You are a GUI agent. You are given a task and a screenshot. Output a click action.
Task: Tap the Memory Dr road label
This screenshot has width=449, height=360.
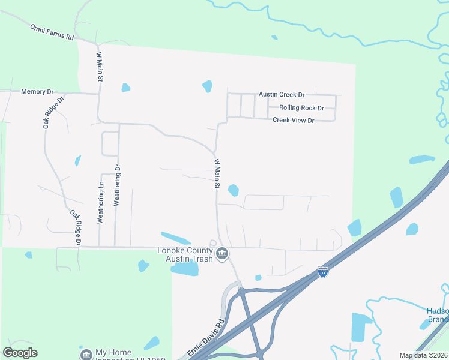[37, 92]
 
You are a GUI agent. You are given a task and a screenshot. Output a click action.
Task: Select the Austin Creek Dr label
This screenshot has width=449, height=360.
[282, 95]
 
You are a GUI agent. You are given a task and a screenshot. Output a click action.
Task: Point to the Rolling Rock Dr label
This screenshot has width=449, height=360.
[301, 108]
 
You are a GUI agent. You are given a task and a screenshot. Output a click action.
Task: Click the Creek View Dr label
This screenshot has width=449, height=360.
[294, 121]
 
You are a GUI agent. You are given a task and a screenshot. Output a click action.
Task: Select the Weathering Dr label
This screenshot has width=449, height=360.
[118, 185]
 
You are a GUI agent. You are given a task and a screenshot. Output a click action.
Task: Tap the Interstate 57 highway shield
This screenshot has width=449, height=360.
[323, 272]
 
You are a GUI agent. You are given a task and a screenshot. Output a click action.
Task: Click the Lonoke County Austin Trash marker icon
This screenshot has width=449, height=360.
[222, 254]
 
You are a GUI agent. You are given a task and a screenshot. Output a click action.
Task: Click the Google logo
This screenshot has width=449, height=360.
[20, 353]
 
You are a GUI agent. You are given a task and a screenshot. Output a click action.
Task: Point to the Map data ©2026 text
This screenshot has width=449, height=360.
[424, 355]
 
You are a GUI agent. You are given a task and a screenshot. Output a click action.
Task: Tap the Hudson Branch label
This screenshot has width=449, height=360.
[437, 315]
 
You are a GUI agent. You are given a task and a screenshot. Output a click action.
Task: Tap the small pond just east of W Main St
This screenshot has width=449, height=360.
[233, 190]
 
